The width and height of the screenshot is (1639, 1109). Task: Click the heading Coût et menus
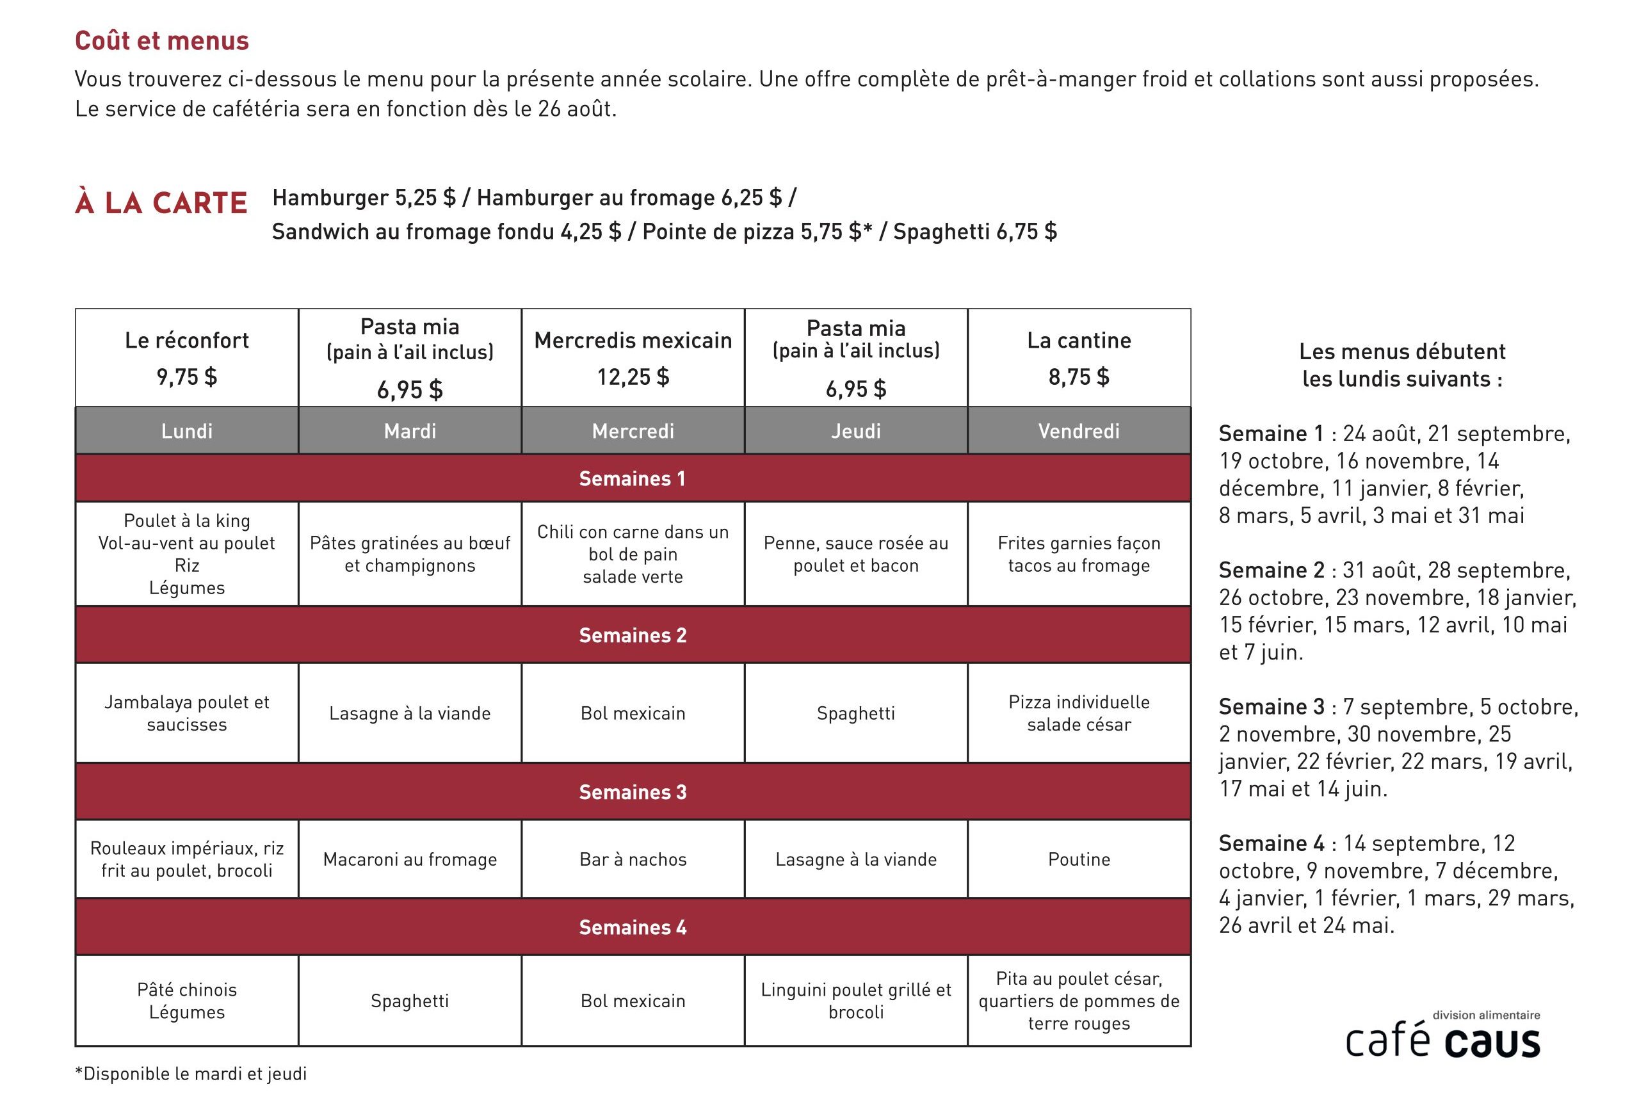tap(161, 41)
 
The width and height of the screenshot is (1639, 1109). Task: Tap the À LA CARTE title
tap(161, 203)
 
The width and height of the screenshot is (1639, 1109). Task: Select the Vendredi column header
tap(1079, 431)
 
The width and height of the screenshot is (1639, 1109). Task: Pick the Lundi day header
tap(187, 431)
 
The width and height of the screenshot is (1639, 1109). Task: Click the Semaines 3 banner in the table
tap(633, 791)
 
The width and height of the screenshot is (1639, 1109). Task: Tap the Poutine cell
tap(1079, 859)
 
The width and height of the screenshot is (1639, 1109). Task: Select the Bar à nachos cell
tap(633, 859)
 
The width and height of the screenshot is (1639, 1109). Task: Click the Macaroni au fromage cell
tap(410, 859)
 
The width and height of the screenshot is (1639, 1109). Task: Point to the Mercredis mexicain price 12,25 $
tap(633, 377)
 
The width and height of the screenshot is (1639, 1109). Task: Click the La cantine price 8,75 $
tap(1079, 377)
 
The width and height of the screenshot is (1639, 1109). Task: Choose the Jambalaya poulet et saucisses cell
tap(187, 713)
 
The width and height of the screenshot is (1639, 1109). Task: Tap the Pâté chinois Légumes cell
tap(187, 1000)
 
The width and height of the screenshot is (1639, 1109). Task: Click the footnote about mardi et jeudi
tap(191, 1074)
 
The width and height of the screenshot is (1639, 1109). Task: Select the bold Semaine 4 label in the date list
tap(1272, 843)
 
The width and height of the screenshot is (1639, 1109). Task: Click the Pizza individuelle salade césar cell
tap(1079, 713)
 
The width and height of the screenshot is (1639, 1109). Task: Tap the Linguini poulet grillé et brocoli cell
tap(856, 1000)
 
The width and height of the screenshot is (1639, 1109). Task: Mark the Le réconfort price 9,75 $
tap(187, 377)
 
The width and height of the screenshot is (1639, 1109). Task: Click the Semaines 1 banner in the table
tap(633, 478)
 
